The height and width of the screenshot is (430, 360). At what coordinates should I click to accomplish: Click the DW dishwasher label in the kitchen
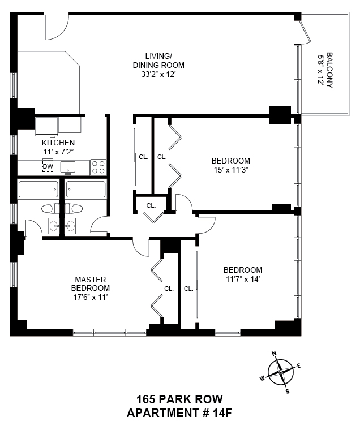[48, 166]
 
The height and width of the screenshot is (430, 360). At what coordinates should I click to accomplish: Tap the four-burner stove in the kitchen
[98, 167]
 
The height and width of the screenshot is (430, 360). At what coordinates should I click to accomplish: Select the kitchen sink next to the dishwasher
[68, 167]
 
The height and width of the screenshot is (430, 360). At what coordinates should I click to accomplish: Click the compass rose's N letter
[274, 353]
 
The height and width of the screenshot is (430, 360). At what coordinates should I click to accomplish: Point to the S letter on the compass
[288, 392]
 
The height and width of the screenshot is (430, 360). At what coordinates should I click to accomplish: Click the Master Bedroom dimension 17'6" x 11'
[90, 297]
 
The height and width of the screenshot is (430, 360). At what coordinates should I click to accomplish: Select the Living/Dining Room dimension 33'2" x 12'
[158, 74]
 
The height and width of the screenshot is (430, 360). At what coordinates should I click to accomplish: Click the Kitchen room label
[58, 143]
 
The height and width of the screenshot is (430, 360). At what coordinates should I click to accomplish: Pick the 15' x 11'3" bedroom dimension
[231, 170]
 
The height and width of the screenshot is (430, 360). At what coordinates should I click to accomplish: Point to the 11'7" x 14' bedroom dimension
[243, 279]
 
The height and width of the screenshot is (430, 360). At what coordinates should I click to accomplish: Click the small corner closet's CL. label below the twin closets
[151, 206]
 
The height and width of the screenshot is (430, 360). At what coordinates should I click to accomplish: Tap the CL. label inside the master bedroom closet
[169, 289]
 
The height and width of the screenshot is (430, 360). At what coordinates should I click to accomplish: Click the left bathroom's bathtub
[38, 190]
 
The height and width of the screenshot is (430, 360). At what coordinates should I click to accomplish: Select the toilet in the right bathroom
[73, 209]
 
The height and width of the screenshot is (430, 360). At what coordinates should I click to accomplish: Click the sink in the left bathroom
[54, 226]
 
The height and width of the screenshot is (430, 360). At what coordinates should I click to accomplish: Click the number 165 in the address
[146, 399]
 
